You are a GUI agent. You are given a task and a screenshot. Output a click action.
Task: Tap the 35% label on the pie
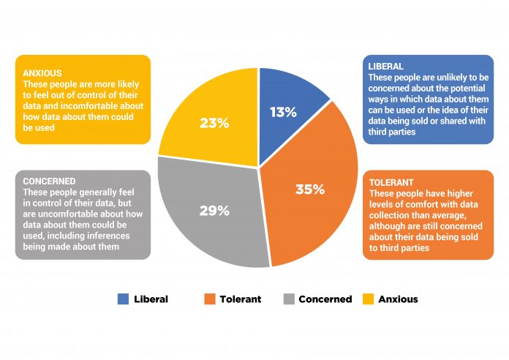coord(310,189)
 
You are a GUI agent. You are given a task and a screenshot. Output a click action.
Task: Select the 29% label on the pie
coord(214,211)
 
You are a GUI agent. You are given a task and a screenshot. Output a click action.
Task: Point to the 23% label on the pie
coord(214,123)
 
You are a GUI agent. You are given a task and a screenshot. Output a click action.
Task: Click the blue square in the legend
coord(123,299)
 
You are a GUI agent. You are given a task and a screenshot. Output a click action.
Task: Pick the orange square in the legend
coord(210,299)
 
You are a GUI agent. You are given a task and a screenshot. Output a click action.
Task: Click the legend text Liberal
coord(151,299)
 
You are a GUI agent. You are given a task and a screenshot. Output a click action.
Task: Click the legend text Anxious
coord(399,299)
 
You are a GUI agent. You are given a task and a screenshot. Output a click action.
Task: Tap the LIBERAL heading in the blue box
coord(385,67)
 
